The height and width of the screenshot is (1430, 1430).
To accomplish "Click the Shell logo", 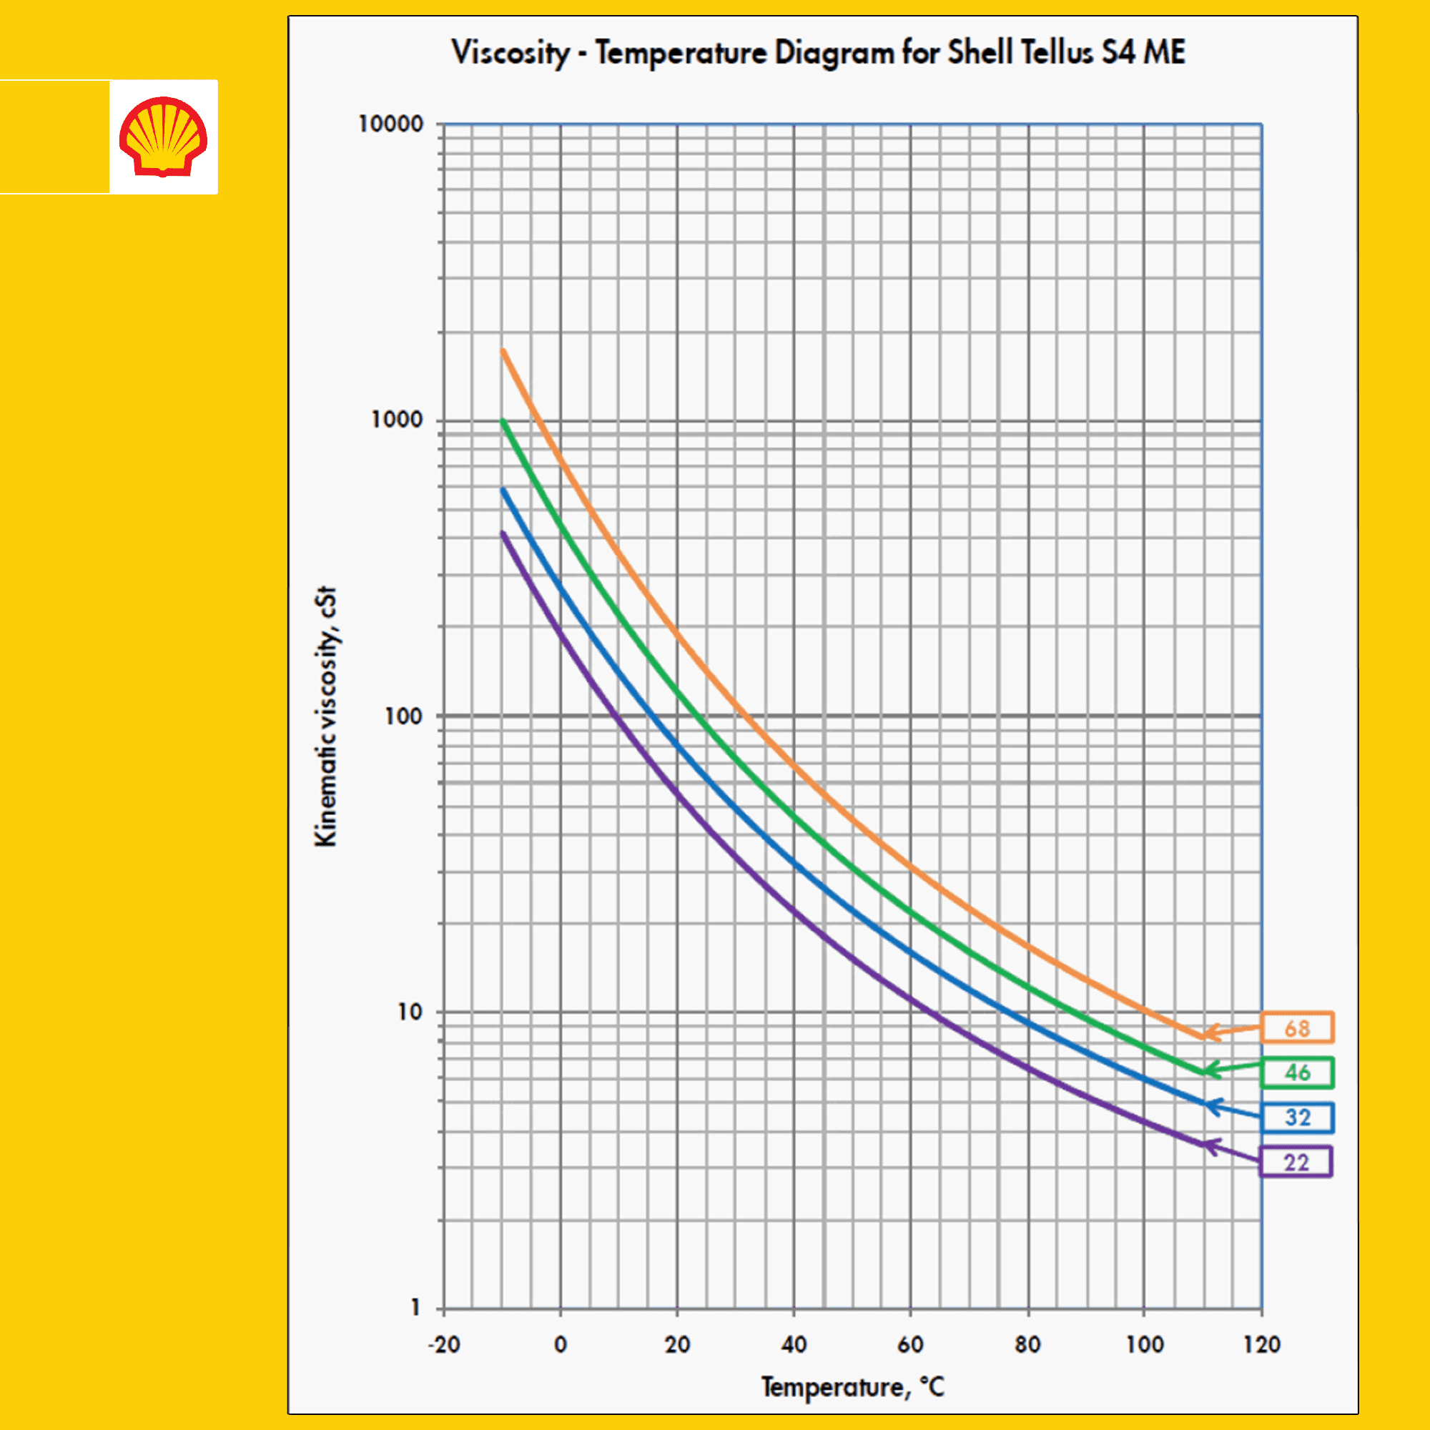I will coord(164,137).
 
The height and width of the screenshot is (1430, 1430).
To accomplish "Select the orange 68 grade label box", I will coord(1297,1028).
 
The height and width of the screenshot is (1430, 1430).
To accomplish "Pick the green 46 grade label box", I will coord(1297,1072).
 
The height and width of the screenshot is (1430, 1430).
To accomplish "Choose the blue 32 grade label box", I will coord(1297,1118).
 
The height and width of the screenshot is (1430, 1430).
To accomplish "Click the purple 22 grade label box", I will coord(1296,1162).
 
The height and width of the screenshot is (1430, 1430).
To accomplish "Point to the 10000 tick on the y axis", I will coord(391,124).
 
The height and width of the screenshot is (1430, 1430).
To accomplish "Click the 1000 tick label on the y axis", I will coord(397,420).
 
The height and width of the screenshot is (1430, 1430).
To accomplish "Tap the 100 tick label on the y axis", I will coord(403,716).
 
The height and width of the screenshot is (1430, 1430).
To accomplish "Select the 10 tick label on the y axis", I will coord(409,1012).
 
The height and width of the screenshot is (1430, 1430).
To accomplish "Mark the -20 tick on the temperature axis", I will coord(444,1344).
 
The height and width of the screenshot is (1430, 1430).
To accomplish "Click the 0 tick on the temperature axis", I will coord(561,1344).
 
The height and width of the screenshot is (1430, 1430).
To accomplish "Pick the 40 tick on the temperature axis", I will coord(794,1344).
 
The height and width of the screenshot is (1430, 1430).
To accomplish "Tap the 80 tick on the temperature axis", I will coord(1027,1344).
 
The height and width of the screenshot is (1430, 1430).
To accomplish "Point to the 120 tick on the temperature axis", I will coord(1262,1344).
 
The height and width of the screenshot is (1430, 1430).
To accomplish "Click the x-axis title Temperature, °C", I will coord(853,1386).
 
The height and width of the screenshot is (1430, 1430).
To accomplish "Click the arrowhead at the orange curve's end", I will coord(1206,1033).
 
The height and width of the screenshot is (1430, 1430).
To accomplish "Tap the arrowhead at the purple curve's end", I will coord(1208,1147).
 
